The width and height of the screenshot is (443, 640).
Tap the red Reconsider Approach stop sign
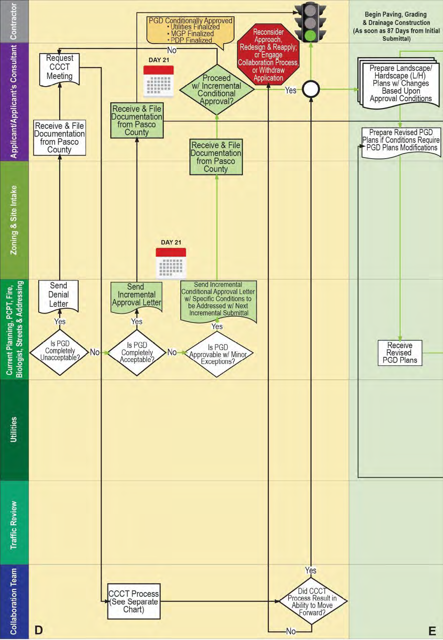[268, 55]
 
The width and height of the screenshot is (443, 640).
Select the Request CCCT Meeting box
[60, 68]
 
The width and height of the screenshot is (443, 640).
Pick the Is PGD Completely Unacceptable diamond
[60, 352]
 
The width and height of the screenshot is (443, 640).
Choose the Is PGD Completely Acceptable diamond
[137, 352]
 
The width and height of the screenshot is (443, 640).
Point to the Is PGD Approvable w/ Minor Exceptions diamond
[218, 354]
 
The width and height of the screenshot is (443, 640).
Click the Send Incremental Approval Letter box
[136, 296]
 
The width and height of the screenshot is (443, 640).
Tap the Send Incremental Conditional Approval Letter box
[218, 300]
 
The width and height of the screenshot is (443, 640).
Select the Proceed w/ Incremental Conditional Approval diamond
[217, 89]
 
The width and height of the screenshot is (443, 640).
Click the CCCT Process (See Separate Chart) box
[134, 601]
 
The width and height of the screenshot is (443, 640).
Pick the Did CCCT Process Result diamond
[312, 601]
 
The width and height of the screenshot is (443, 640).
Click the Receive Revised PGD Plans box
[400, 353]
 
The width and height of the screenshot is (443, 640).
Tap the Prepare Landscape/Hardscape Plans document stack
[400, 83]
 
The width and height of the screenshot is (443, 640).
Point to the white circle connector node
[311, 89]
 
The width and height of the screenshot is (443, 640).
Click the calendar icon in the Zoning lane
[171, 263]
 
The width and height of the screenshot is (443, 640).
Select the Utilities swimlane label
[14, 430]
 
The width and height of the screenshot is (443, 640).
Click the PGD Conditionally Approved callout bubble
[190, 30]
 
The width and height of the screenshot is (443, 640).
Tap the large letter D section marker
[39, 630]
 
